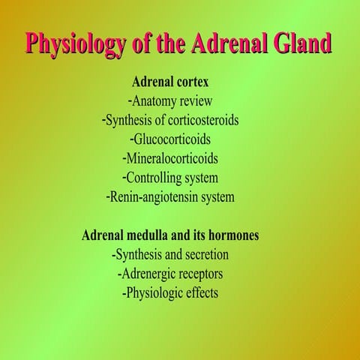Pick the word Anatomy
click(157, 100)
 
